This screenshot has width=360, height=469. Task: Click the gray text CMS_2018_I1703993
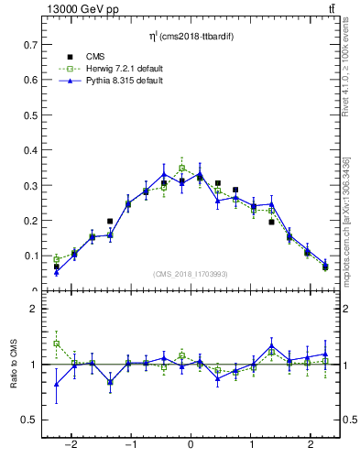coord(190,274)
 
